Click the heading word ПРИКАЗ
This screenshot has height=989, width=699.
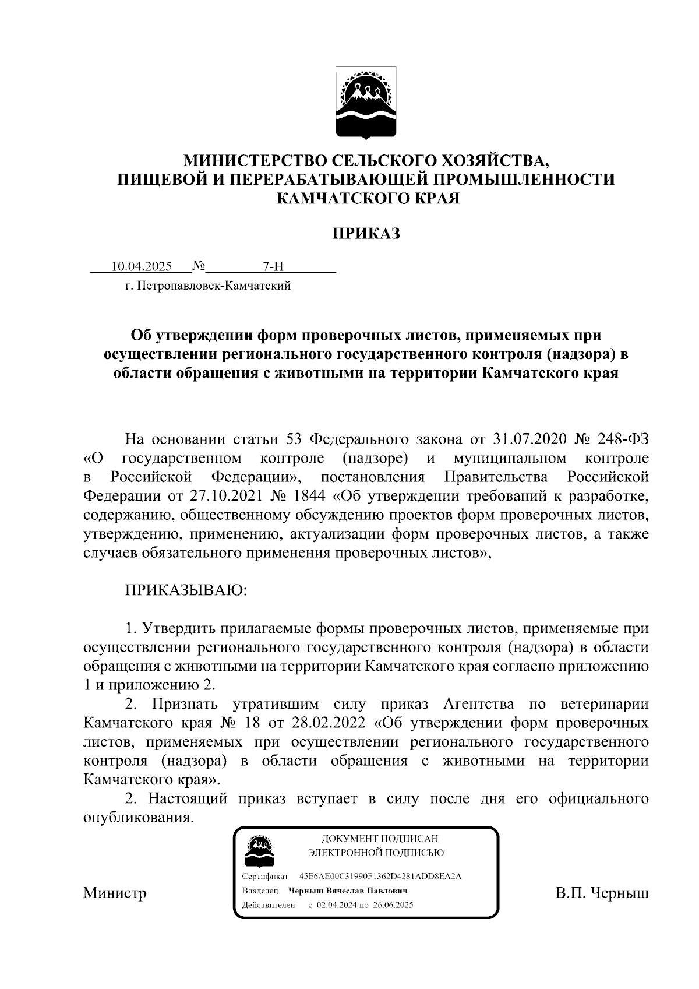tap(366, 234)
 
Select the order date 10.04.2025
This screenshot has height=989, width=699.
tap(142, 267)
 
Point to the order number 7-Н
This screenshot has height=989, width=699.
tap(273, 267)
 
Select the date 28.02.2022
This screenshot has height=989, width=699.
tap(325, 723)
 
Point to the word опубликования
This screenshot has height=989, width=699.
tap(138, 817)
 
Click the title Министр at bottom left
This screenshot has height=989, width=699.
tap(115, 893)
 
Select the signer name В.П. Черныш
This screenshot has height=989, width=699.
tap(602, 893)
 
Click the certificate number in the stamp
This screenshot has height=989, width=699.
tap(380, 877)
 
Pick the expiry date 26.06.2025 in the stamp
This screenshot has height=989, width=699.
tap(393, 905)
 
